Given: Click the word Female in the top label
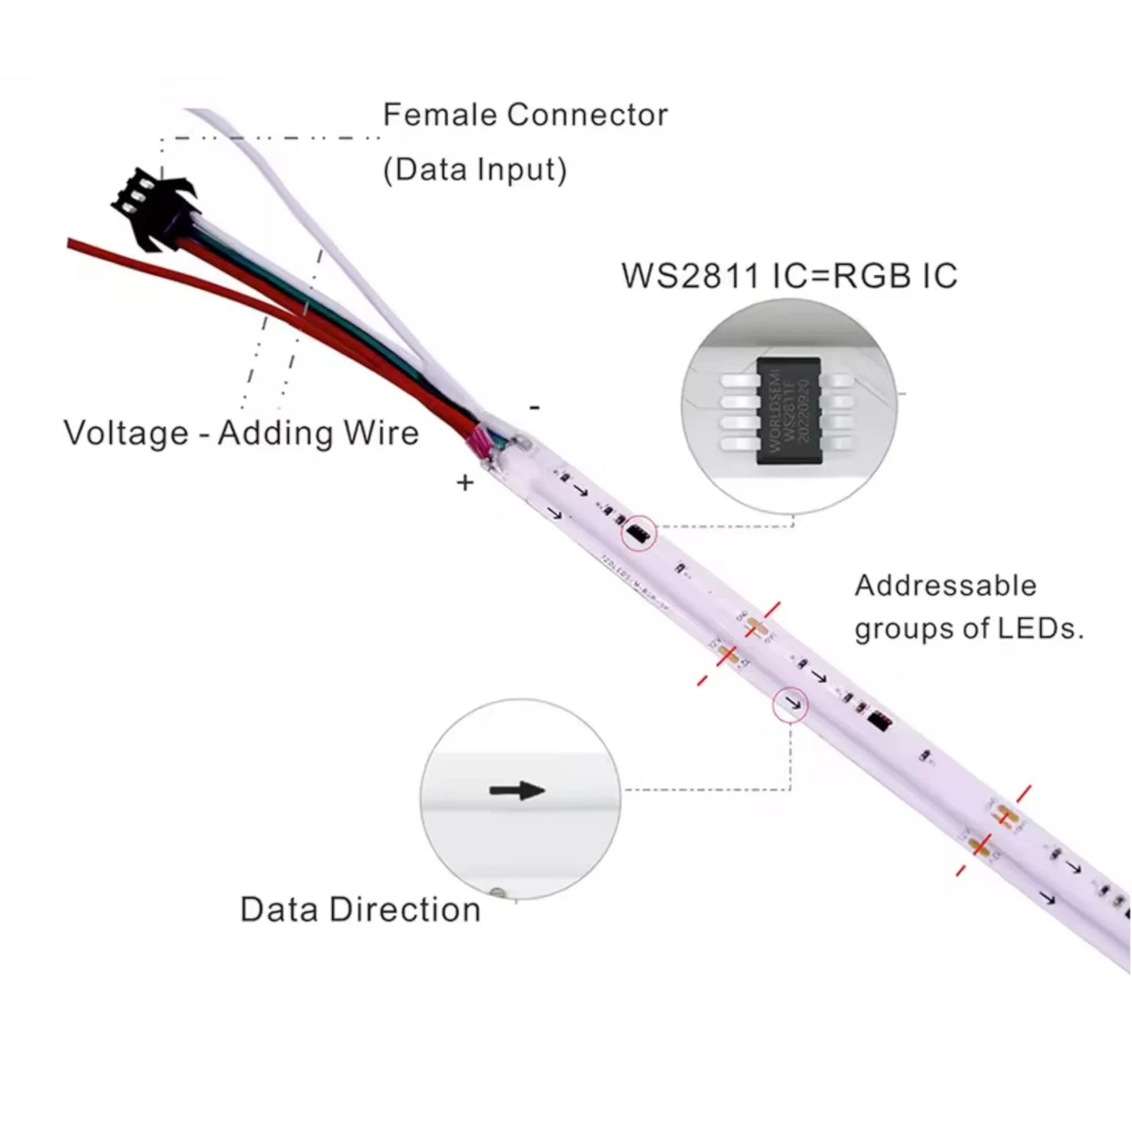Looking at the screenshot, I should pyautogui.click(x=439, y=115).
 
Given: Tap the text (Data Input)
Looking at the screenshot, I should pyautogui.click(x=475, y=170).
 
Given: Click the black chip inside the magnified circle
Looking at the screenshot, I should pyautogui.click(x=788, y=410).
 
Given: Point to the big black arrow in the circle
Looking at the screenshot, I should pyautogui.click(x=517, y=790).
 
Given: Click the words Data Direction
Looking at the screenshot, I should pyautogui.click(x=360, y=910).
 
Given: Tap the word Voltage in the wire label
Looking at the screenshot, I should pyautogui.click(x=126, y=433).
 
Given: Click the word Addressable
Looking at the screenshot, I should pyautogui.click(x=946, y=585).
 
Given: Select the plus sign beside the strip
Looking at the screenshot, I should pyautogui.click(x=465, y=483).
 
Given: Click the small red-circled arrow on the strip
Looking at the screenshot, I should pyautogui.click(x=791, y=703).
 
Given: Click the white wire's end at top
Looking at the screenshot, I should pyautogui.click(x=192, y=112).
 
